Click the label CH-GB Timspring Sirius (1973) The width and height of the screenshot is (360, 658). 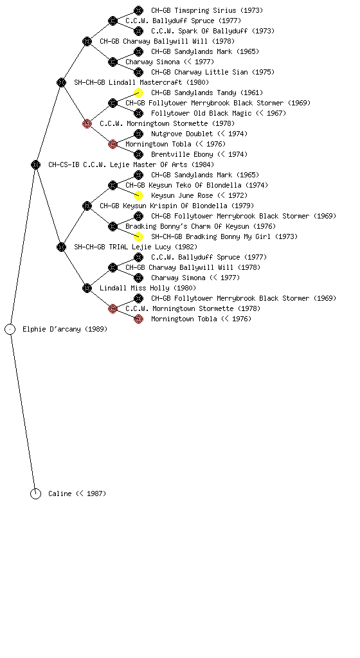(207, 10)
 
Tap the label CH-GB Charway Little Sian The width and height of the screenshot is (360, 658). (199, 72)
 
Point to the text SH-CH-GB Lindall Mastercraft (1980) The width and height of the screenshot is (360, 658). (141, 82)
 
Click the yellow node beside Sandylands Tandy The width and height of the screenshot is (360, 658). (138, 93)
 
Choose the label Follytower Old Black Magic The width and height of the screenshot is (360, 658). (201, 113)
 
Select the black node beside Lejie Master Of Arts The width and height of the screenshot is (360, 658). (35, 165)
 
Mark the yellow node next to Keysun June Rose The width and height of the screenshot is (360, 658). (138, 195)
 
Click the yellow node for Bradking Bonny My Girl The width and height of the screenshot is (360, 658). (138, 236)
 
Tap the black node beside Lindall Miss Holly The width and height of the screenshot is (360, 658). (87, 289)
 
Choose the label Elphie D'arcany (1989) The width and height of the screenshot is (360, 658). (65, 330)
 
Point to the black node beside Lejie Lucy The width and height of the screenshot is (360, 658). (61, 247)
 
